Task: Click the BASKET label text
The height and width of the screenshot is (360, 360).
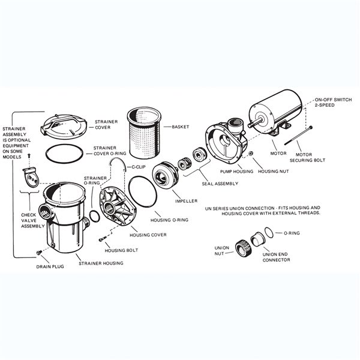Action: (x=181, y=127)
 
